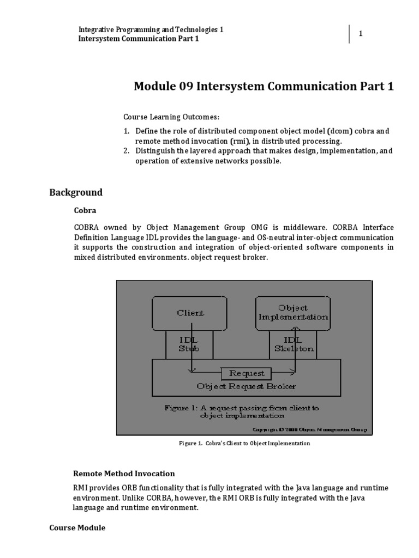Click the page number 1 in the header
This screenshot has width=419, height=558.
pos(360,34)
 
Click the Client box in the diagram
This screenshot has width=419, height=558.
pos(190,313)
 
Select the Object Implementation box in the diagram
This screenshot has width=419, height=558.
pos(293,312)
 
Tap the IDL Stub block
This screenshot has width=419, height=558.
pos(189,344)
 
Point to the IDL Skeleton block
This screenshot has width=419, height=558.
pos(292,344)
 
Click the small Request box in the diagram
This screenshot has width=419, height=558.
pos(247,373)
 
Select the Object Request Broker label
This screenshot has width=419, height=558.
pos(247,386)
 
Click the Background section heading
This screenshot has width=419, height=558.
pos(76,192)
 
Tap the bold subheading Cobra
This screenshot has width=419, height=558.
pos(83,210)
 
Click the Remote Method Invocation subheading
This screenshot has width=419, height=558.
pos(124,474)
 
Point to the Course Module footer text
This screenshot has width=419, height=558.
pos(77,528)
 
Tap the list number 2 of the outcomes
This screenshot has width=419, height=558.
pos(125,151)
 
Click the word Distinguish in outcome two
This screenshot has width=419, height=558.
pos(154,151)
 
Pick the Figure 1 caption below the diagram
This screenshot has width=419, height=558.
pos(244,444)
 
